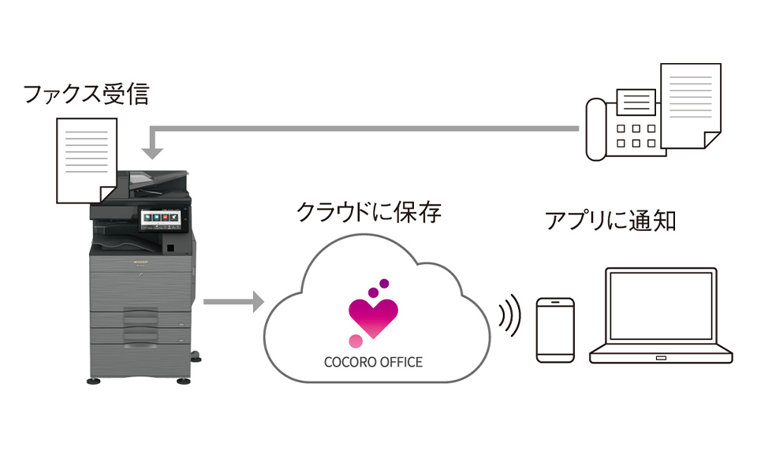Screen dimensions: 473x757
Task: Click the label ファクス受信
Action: click(86, 95)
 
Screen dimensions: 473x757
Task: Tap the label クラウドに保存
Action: click(368, 212)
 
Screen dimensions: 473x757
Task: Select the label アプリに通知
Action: click(611, 220)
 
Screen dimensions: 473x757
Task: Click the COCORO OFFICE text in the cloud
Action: click(374, 363)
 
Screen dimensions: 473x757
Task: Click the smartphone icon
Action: click(556, 330)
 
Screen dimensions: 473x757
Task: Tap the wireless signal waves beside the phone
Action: click(510, 315)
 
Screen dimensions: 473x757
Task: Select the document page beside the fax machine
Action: click(689, 105)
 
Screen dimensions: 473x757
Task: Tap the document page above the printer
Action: click(85, 158)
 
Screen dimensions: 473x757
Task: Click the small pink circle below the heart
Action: click(356, 341)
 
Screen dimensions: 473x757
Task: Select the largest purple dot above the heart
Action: click(374, 292)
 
